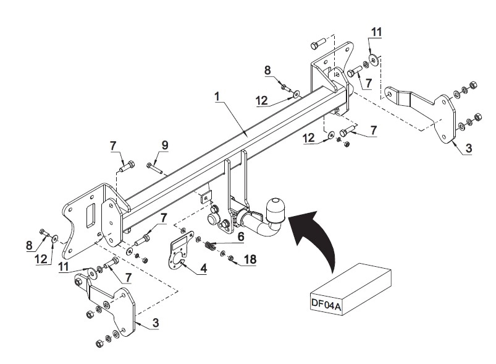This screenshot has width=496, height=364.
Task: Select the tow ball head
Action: click(x=275, y=210)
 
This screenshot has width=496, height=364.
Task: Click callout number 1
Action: click(x=217, y=97)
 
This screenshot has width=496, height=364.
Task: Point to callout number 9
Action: click(x=165, y=145)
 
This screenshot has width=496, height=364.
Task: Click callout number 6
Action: click(x=241, y=236)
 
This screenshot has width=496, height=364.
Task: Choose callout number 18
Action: click(x=250, y=259)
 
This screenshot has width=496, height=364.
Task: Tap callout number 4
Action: click(x=204, y=269)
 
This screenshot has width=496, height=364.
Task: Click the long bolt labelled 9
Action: click(x=154, y=167)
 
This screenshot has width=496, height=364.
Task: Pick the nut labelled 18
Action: click(x=230, y=258)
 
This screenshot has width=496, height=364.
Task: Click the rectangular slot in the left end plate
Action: click(x=90, y=215)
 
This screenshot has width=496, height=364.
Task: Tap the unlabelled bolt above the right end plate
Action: click(x=318, y=44)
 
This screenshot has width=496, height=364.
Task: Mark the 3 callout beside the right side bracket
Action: click(x=468, y=148)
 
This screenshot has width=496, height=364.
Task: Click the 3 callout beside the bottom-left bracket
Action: click(x=155, y=323)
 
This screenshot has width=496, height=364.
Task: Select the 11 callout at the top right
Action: click(x=376, y=32)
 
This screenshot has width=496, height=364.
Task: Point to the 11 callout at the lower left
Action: click(x=63, y=267)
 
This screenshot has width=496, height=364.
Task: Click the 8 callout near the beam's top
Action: click(x=267, y=70)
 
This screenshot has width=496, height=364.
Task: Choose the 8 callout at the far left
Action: click(x=29, y=245)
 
